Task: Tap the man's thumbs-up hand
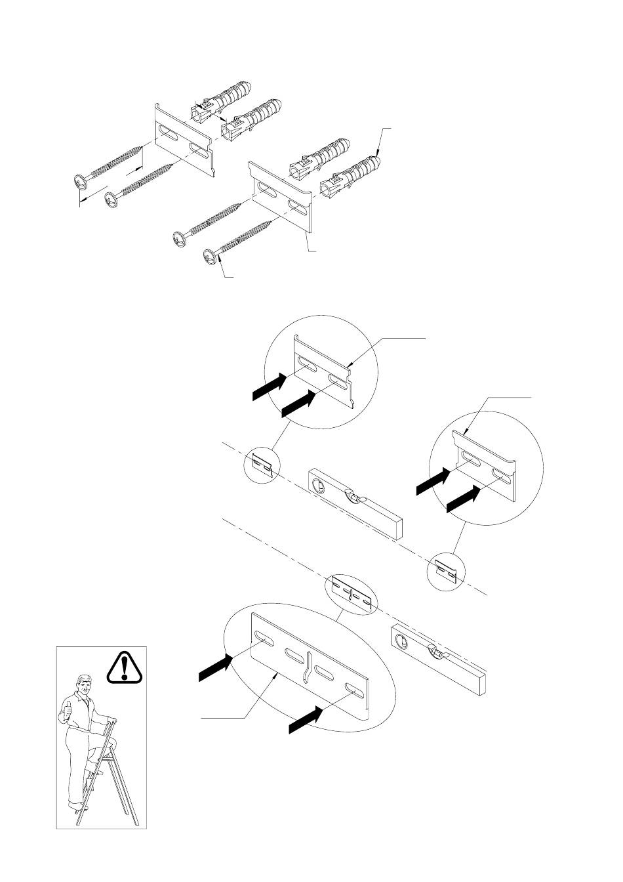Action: [x=67, y=709]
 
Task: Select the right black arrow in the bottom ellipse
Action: [x=305, y=722]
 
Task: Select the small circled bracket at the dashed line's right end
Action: [x=445, y=569]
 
